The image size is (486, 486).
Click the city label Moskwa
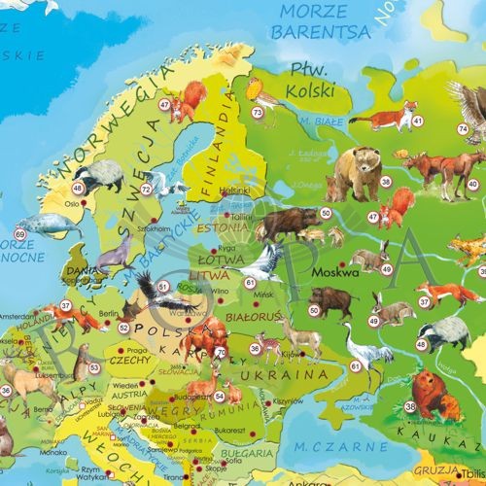coord(332,273)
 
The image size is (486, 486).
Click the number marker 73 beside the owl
coord(257,114)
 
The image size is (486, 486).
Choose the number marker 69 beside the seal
coord(20,233)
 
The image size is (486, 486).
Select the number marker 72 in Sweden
coord(146,189)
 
